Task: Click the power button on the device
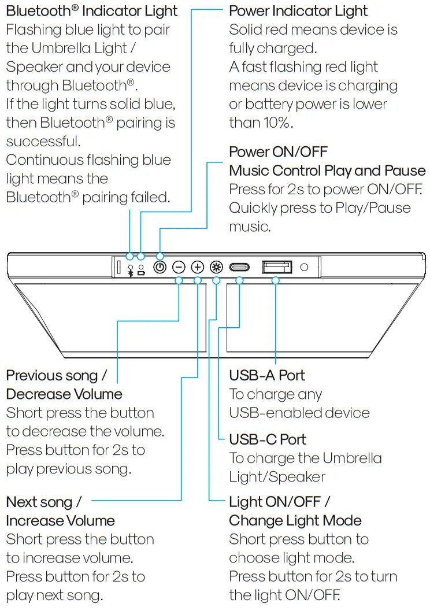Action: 160,267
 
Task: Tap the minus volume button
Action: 179,267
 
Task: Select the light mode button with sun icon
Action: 217,267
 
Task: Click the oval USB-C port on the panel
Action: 239,267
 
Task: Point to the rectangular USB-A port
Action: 277,266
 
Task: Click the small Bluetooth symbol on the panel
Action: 131,273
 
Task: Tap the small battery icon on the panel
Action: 141,273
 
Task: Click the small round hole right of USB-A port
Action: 305,267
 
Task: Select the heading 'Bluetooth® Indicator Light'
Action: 92,11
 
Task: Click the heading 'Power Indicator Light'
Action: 298,11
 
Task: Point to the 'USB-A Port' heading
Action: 267,376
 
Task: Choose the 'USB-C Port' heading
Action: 268,440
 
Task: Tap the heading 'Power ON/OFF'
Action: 278,152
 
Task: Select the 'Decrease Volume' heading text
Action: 64,394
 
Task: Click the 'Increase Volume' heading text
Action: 60,521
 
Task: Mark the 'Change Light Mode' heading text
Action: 295,521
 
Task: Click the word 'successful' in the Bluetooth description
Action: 43,142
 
